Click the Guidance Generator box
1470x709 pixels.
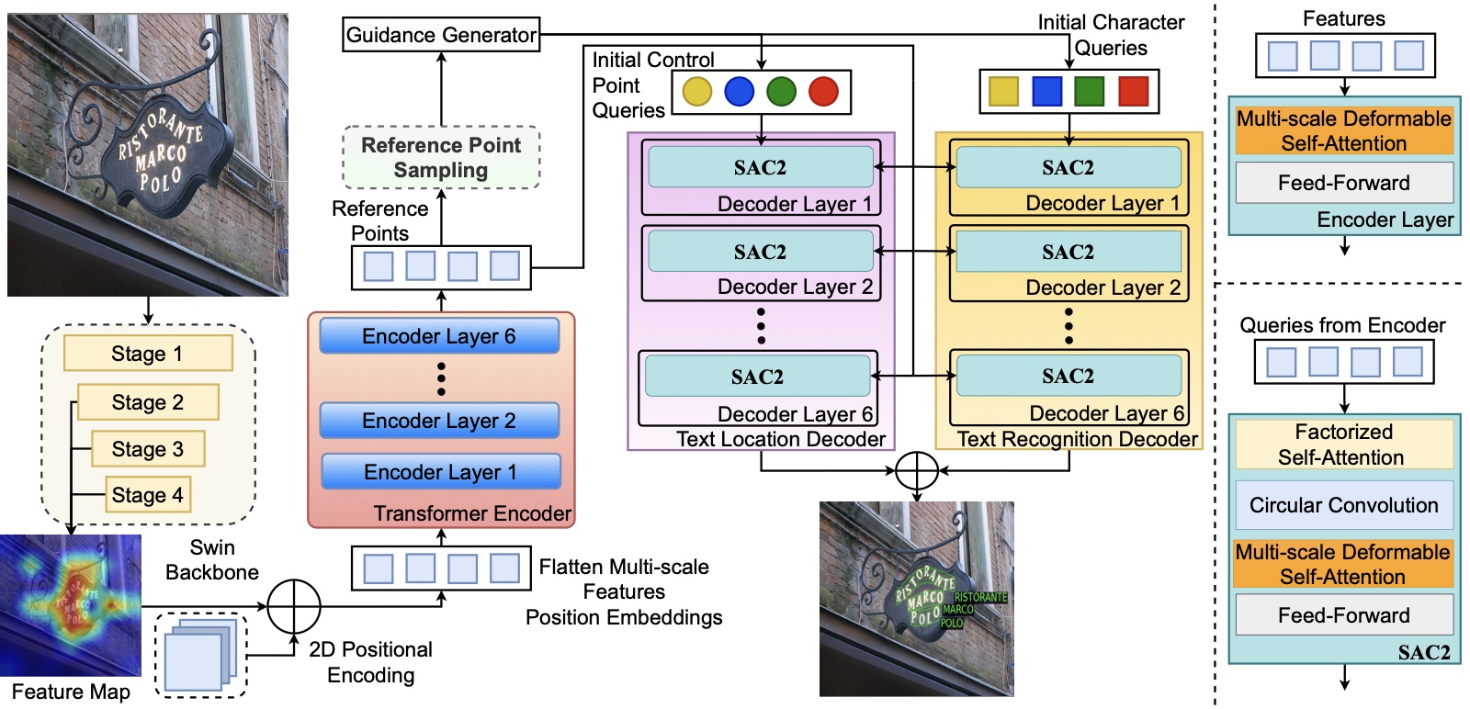[x=441, y=35]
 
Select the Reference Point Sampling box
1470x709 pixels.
[x=441, y=157]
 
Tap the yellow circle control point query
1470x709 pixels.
[x=697, y=92]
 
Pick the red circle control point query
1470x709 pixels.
[x=823, y=92]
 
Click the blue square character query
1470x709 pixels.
[x=1046, y=91]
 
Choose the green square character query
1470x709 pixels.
[x=1090, y=91]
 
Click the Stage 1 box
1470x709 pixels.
[x=148, y=354]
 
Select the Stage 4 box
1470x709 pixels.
[x=148, y=494]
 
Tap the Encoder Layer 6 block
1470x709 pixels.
[x=440, y=336]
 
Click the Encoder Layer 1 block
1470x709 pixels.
[x=441, y=471]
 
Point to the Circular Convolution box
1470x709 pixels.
[x=1344, y=505]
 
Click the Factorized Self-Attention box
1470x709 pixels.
[x=1344, y=444]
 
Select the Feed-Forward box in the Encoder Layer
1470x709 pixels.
[x=1344, y=183]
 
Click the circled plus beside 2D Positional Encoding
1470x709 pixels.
[x=294, y=607]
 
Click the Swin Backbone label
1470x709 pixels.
[x=212, y=559]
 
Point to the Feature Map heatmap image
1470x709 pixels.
[x=70, y=605]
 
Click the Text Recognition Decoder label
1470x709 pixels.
[x=1077, y=439]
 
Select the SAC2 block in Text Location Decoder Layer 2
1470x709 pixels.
[x=761, y=252]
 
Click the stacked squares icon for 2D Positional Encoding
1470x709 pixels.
[x=201, y=655]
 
